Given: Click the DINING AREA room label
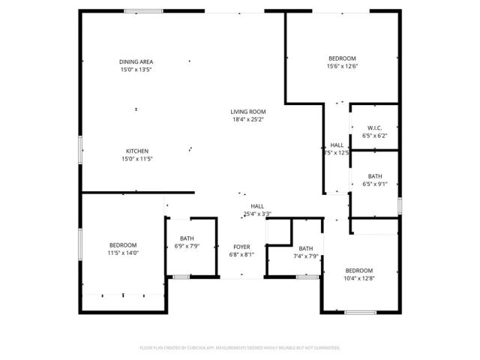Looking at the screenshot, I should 136,61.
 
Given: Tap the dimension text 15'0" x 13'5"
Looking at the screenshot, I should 136,70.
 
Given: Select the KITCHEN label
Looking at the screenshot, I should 136,151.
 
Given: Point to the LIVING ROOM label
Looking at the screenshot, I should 247,112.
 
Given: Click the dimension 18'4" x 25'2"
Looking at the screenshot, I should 247,119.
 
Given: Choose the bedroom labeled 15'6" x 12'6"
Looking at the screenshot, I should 342,58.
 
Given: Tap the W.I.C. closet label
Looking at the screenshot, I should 375,127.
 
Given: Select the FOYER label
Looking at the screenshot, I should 241,247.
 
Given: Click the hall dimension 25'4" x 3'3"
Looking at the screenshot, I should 257,214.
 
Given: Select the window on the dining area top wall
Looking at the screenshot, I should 144,11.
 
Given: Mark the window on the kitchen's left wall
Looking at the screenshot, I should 81,150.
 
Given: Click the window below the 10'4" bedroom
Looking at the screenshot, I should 361,311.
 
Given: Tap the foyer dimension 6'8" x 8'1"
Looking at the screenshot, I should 241,255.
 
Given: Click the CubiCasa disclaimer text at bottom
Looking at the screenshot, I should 240,348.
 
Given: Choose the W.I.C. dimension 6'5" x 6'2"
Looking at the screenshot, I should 375,136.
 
